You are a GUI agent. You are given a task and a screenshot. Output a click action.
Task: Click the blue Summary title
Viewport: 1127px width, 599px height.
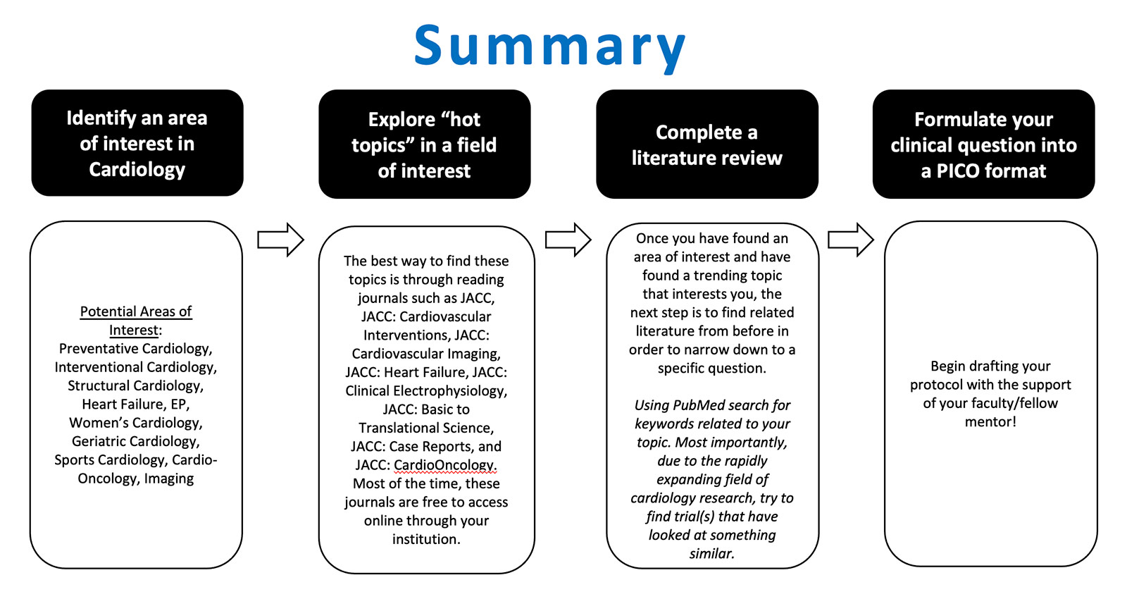tap(549, 46)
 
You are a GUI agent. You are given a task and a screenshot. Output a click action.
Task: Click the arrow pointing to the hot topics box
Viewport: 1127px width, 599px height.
tap(280, 240)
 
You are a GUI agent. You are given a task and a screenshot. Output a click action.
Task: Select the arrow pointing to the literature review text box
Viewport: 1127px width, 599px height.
tap(568, 240)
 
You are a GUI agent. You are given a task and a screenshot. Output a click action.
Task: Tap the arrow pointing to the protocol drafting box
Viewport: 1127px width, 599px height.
tap(849, 240)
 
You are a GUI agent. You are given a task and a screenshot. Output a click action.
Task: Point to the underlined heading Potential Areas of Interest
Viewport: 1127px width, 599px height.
tap(136, 321)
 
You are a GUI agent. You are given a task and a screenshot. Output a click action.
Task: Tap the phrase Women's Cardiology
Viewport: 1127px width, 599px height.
tap(136, 423)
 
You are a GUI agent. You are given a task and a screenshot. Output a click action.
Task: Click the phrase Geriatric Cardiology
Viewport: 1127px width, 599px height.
tap(136, 441)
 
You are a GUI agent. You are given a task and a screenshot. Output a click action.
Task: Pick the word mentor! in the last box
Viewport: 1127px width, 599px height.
tap(990, 421)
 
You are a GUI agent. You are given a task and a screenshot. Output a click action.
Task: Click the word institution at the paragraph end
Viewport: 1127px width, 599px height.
tap(425, 539)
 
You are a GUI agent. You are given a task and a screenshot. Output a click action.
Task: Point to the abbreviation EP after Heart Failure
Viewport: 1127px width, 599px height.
tap(179, 405)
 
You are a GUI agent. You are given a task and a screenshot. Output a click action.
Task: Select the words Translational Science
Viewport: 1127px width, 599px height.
tap(425, 428)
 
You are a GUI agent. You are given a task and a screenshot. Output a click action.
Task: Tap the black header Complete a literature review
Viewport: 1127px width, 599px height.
tap(706, 144)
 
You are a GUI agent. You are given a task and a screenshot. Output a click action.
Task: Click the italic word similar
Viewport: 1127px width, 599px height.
tap(711, 554)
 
